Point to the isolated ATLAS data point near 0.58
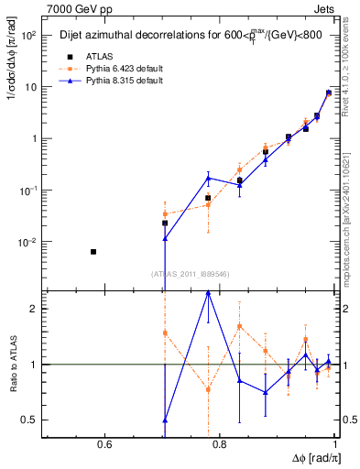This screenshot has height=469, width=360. [93, 251]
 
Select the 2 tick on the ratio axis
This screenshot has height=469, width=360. [35, 309]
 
